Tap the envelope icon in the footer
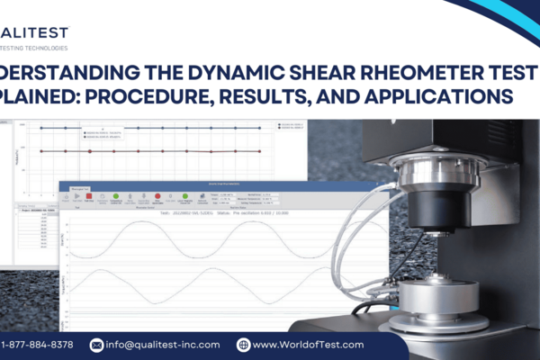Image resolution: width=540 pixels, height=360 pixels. point(98,345)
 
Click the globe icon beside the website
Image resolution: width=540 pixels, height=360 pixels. point(243,345)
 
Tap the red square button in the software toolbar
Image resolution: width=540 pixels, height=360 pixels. point(89,195)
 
